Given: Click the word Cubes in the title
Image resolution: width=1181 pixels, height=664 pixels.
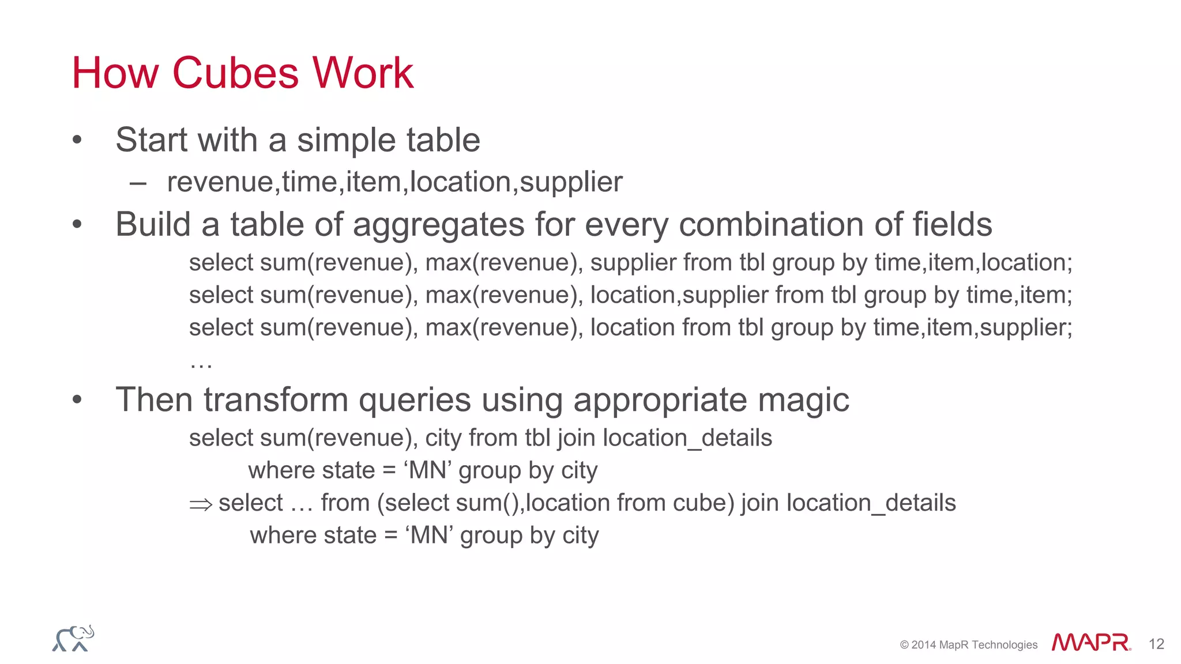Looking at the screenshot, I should coord(235,73).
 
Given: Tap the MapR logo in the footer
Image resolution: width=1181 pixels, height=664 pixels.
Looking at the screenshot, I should coord(1090,642).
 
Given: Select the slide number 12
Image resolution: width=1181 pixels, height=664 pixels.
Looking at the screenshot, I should coord(1156,644).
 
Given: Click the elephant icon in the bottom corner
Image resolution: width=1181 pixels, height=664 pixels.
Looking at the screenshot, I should coord(73,639).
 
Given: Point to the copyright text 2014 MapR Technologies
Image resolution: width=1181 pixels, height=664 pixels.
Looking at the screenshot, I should coord(969,644).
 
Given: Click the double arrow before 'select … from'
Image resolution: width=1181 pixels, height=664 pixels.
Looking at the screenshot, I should coord(201,504).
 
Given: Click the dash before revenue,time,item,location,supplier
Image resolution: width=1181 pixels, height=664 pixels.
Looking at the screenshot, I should coord(138,184).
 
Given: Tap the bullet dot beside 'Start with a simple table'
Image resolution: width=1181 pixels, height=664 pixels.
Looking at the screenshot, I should coord(77,140).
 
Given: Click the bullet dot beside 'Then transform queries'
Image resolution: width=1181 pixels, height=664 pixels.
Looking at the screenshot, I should coord(77,399).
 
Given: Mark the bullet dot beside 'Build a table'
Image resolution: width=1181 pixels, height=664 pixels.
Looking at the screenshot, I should coord(77,224).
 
